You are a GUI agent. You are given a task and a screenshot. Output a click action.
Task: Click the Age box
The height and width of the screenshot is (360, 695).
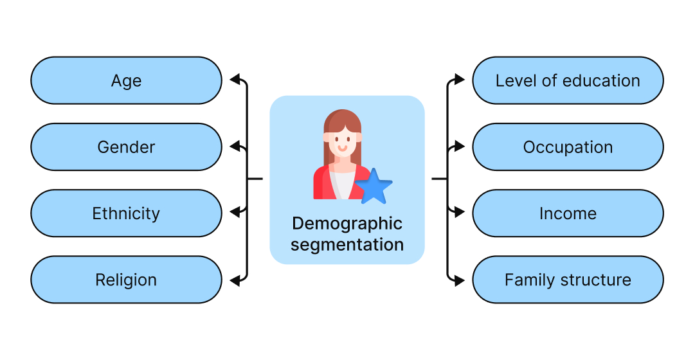[126, 80]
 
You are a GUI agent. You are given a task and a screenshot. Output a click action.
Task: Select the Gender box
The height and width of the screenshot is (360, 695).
[126, 147]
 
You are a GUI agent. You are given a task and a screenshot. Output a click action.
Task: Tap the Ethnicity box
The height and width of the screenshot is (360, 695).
[126, 213]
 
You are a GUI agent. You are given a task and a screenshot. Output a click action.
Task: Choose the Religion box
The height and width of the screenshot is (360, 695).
[126, 280]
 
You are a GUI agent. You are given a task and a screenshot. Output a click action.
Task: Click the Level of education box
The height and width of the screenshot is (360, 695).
[568, 80]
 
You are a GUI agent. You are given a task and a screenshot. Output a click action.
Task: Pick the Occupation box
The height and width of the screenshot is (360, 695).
[568, 147]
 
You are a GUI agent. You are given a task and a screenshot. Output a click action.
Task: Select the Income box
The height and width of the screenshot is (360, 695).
[568, 213]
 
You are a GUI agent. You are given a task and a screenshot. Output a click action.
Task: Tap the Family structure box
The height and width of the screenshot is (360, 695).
[568, 280]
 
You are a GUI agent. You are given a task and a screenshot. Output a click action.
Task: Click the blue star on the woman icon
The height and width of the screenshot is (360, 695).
[374, 187]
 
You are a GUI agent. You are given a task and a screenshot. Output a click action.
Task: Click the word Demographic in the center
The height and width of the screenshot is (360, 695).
[347, 224]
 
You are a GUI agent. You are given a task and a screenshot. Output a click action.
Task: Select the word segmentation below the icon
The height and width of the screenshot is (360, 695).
[347, 245]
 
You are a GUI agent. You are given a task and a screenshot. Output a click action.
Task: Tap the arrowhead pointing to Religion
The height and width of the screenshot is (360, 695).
[235, 280]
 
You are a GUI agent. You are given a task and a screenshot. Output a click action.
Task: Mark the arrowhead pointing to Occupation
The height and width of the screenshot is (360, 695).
[459, 147]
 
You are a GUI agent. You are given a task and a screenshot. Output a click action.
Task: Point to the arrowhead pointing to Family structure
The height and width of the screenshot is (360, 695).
[459, 280]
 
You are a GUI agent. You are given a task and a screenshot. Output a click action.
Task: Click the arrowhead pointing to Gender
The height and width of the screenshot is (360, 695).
[235, 147]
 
